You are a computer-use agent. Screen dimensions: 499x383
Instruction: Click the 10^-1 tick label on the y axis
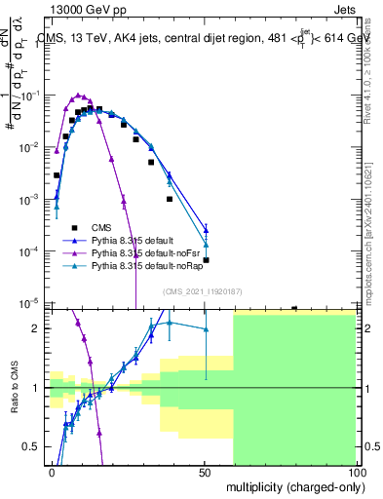33,96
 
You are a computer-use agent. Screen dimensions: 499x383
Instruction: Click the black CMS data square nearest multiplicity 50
206,260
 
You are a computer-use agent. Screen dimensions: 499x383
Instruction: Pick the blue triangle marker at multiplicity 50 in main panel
206,230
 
